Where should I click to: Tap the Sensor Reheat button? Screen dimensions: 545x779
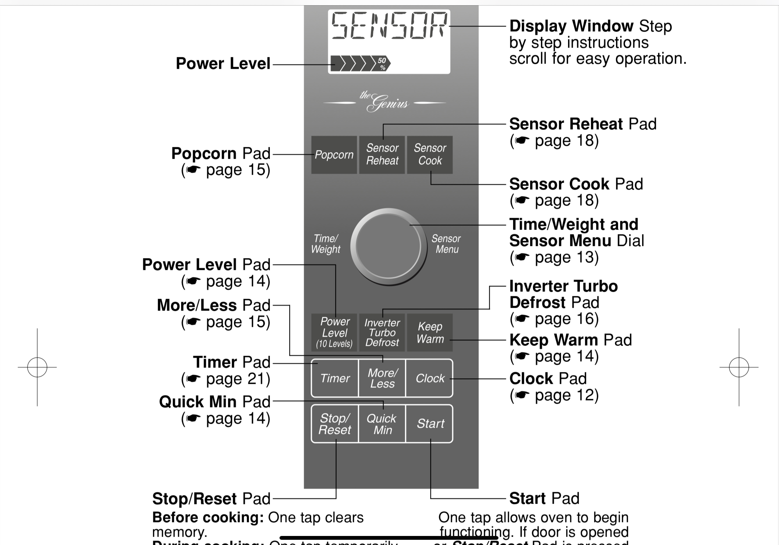click(382, 155)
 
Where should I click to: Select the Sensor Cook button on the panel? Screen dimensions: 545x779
click(430, 155)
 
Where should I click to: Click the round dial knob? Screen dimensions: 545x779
click(388, 247)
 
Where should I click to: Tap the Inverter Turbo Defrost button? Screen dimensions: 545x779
click(382, 332)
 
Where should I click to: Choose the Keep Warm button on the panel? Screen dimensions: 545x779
click(430, 332)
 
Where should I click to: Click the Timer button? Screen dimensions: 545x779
click(335, 378)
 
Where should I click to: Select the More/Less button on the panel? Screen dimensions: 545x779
click(382, 378)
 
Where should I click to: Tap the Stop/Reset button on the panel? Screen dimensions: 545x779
click(335, 424)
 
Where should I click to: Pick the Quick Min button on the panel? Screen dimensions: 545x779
click(382, 424)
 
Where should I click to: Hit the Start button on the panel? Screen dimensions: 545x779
click(430, 424)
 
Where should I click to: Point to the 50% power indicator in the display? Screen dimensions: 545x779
click(382, 64)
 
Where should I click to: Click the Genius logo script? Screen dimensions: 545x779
click(385, 101)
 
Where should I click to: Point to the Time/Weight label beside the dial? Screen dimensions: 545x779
click(325, 244)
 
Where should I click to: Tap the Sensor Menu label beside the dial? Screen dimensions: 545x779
click(446, 244)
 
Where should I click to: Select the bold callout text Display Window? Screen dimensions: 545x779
click(571, 26)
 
